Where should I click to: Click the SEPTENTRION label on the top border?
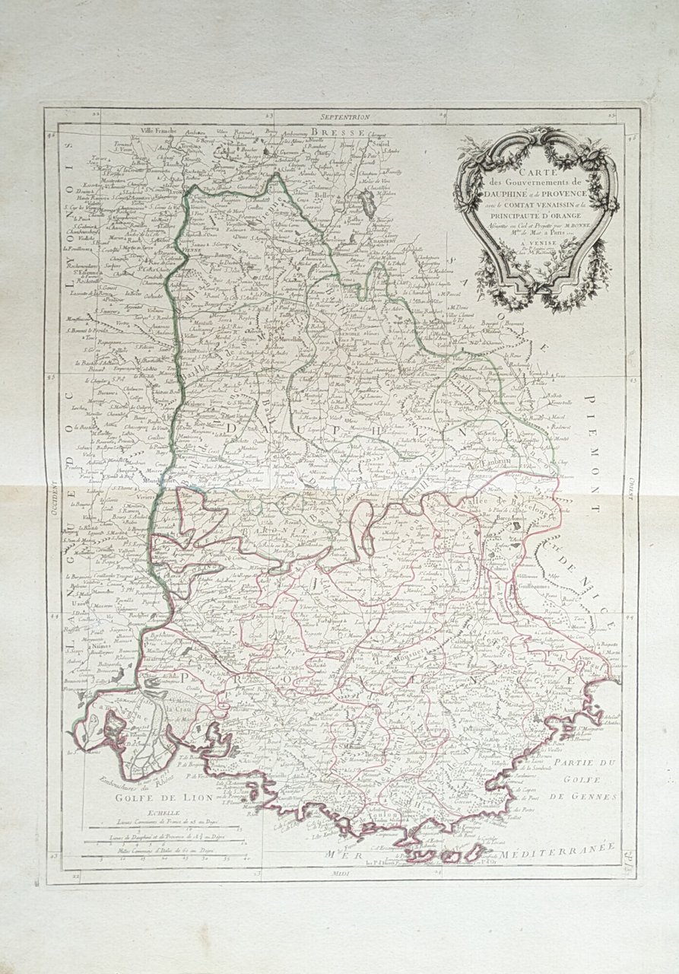pos(344,118)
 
